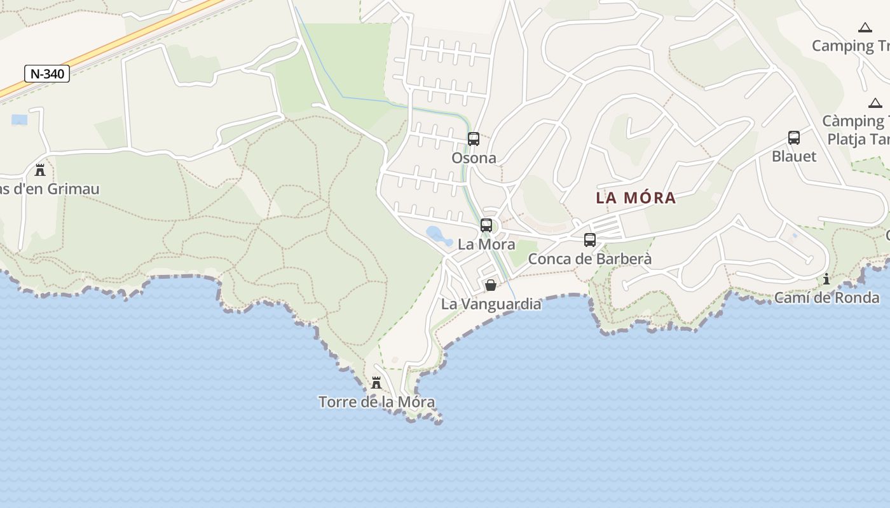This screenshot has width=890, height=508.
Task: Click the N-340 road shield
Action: tap(47, 74)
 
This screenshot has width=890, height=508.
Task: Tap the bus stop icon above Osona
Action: tap(474, 139)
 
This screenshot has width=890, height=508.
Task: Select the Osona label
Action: tap(474, 157)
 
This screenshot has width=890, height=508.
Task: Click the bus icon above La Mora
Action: tap(486, 225)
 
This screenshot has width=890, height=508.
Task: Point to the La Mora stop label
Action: tap(486, 244)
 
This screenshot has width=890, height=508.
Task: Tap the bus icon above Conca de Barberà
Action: tap(590, 240)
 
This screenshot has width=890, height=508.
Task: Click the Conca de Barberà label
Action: tap(590, 259)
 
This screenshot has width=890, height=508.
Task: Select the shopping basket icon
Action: tap(491, 285)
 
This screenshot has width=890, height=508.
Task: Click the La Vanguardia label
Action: tap(491, 304)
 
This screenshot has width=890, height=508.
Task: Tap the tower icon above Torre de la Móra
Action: tap(376, 383)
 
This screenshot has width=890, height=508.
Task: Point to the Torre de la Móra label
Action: tap(376, 402)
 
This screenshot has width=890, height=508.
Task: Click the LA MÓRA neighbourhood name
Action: tap(636, 198)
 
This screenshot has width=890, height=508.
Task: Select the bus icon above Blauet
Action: tap(794, 137)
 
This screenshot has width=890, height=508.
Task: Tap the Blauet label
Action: tap(794, 156)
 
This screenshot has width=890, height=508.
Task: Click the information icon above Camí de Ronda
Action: tap(826, 279)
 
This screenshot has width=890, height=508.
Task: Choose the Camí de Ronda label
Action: tap(818, 297)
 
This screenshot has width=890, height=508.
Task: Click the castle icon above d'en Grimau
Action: tap(40, 170)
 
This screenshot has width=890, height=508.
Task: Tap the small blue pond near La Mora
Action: tap(437, 235)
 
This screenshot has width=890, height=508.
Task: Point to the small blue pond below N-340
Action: tap(20, 119)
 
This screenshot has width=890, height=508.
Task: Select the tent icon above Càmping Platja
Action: tap(875, 103)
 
